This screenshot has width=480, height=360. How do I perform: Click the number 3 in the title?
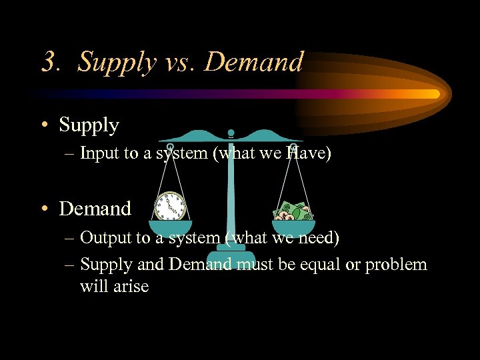click(49, 63)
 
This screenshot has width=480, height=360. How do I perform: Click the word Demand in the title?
click(253, 62)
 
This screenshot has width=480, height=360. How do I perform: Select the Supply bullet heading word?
click(89, 125)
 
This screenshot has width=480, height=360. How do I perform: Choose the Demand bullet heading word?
click(95, 209)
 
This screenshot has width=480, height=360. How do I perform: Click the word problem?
click(400, 265)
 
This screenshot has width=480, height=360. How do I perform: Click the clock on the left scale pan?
click(170, 206)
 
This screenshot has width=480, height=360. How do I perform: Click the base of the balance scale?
click(230, 257)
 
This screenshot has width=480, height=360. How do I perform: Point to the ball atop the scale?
click(231, 133)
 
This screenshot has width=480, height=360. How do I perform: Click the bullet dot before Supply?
click(45, 126)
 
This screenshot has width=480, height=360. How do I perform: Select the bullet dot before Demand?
click(45, 209)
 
